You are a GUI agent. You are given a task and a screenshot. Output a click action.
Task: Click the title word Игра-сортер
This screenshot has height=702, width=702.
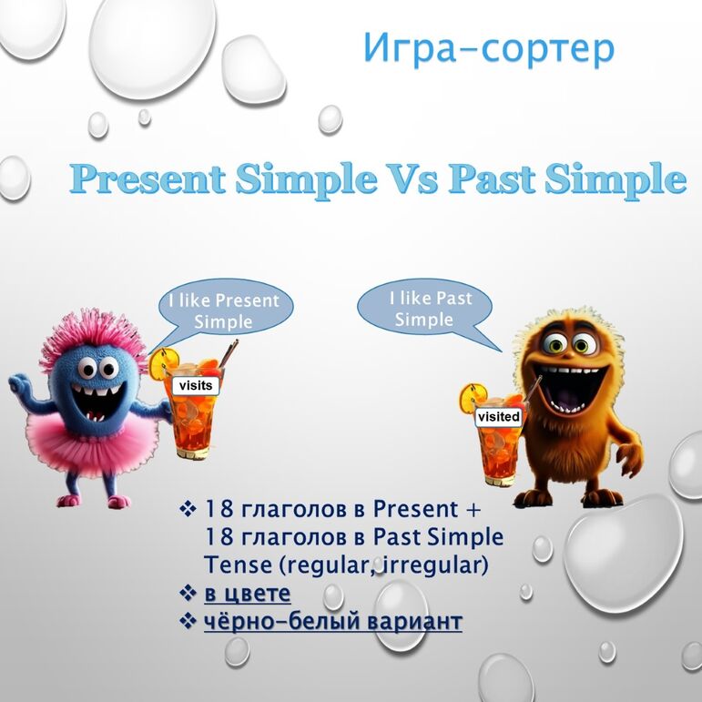point(489,49)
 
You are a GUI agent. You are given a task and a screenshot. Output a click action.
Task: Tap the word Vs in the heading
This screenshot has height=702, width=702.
point(411,179)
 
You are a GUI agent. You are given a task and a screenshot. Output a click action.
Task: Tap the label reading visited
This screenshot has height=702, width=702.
point(498,417)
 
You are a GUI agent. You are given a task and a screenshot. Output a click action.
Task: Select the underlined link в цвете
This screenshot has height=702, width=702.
point(247,594)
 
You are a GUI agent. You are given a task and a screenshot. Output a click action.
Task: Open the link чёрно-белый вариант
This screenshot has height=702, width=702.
point(332,622)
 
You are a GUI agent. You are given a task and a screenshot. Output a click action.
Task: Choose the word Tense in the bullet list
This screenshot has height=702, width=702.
point(239,565)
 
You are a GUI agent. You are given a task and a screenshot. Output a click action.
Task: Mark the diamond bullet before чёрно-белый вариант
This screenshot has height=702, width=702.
point(188,622)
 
